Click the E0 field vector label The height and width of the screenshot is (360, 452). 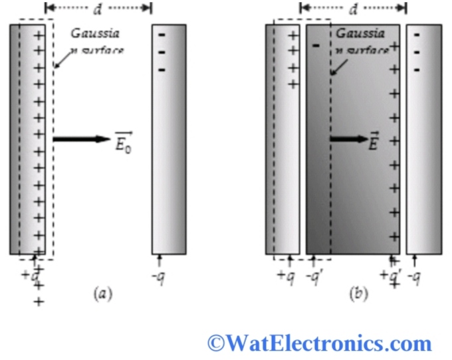point(124,141)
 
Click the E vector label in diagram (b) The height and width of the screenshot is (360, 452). point(373,141)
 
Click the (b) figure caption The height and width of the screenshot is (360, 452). point(359,293)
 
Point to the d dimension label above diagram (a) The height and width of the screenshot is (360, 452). point(98,9)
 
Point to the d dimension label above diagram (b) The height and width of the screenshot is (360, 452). point(353,9)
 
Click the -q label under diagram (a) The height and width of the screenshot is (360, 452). point(160,276)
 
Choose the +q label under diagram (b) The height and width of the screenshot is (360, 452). point(285,276)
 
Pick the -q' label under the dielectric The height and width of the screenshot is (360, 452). point(315,276)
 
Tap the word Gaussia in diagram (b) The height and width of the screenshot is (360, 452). point(360,33)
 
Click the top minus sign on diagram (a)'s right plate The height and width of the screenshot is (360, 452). point(162,35)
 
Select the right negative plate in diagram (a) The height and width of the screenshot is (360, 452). point(169,139)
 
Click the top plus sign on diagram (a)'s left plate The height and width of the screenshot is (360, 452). point(39,34)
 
